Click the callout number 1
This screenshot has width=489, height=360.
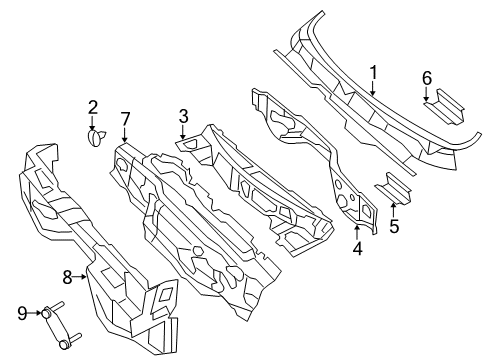coord(374,72)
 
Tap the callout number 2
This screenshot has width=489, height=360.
coord(92,107)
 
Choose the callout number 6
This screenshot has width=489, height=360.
coord(426,78)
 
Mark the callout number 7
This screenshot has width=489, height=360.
coord(125,120)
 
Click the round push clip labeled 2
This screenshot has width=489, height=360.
coord(97,139)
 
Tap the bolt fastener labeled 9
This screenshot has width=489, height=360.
coord(55,325)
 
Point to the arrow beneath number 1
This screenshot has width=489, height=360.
coord(374,90)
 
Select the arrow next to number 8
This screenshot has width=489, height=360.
coord(84,276)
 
